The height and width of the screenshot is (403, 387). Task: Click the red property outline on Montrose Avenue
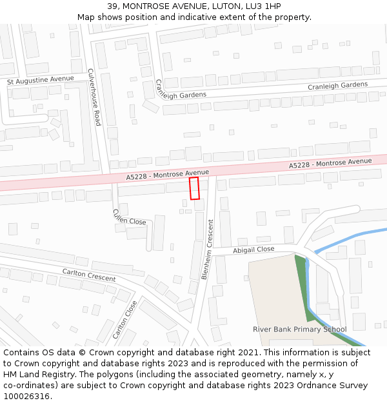click(x=194, y=188)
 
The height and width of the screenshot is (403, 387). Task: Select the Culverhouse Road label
click(x=94, y=97)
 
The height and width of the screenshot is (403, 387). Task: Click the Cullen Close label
click(x=129, y=217)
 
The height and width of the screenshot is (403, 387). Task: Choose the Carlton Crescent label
click(x=88, y=275)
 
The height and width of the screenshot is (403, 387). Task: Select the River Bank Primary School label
click(x=299, y=329)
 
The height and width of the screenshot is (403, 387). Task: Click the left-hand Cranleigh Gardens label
click(x=181, y=90)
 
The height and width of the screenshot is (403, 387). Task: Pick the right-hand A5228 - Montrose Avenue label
click(x=330, y=163)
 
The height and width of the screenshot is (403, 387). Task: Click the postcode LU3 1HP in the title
click(x=263, y=6)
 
